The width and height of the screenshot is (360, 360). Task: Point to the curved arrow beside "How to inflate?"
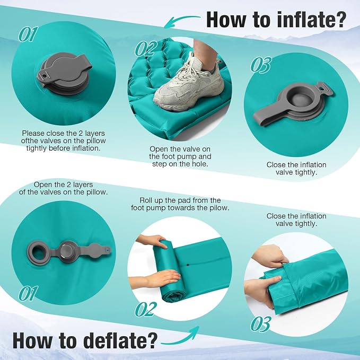point(181,20)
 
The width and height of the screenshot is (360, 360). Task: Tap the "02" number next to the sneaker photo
point(146,48)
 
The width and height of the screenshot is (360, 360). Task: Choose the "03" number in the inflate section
point(261,65)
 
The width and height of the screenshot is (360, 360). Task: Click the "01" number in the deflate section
point(28,293)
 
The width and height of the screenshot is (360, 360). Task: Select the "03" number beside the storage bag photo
point(261,324)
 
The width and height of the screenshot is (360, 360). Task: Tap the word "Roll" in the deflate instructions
point(146,200)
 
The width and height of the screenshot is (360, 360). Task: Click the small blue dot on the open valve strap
point(107,248)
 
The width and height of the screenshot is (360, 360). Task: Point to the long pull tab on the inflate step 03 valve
point(266,116)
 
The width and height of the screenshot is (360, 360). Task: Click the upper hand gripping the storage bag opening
point(270,256)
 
